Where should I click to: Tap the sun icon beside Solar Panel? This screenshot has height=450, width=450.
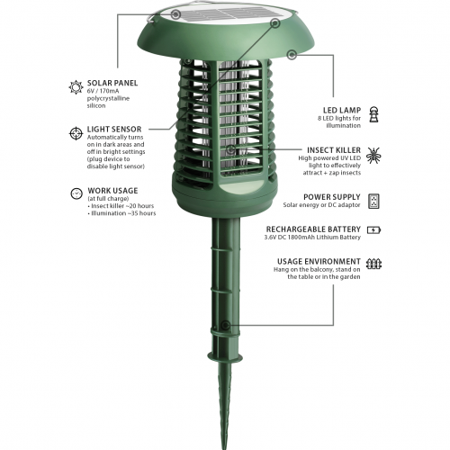click(x=76, y=87)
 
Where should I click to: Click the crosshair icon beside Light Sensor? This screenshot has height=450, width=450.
click(x=76, y=133)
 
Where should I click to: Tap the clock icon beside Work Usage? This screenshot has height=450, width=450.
click(x=76, y=193)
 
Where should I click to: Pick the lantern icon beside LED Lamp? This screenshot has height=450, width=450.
click(x=373, y=114)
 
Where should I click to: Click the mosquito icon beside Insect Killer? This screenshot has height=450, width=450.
click(x=373, y=154)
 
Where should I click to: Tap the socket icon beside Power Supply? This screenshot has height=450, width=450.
click(x=373, y=200)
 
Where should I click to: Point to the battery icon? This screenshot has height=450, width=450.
click(x=373, y=229)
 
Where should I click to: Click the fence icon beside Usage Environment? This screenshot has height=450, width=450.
click(x=373, y=264)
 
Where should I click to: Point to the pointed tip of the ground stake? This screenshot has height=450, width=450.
click(x=221, y=442)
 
